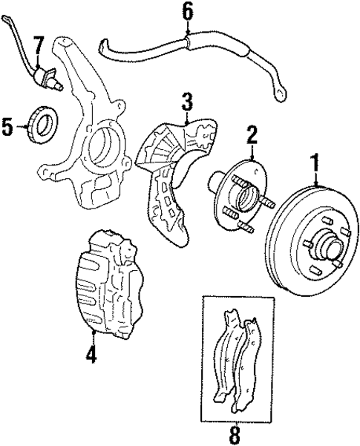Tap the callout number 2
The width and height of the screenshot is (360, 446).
click(x=252, y=134)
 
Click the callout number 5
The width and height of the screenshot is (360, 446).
click(x=9, y=127)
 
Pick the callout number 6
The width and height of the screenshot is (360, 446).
click(x=187, y=10)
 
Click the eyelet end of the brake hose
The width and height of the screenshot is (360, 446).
click(x=280, y=94)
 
